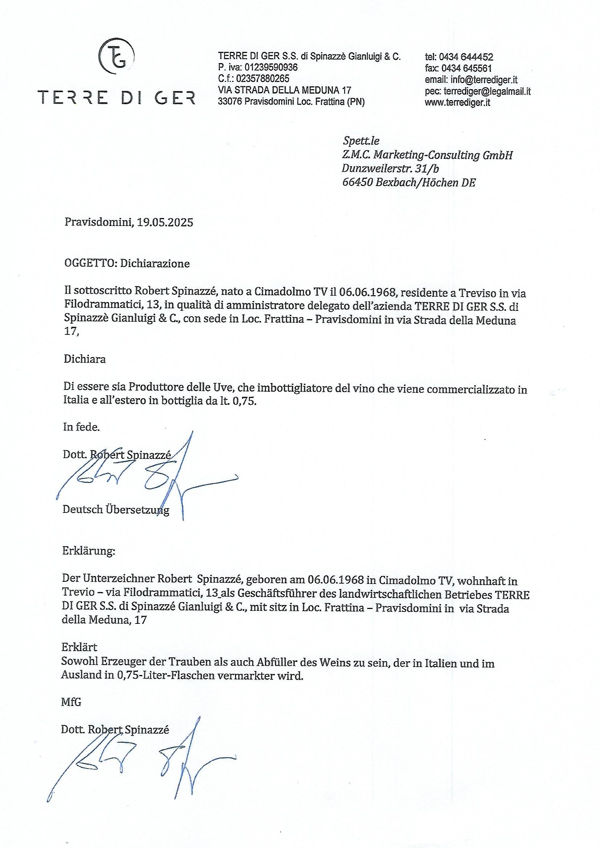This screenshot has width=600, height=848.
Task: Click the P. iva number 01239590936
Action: (x=271, y=67)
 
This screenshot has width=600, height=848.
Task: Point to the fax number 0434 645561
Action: (x=466, y=68)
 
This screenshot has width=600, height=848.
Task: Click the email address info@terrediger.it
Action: (x=484, y=80)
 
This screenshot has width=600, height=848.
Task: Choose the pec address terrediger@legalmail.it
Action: (x=487, y=91)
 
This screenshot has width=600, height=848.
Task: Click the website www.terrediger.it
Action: (x=457, y=103)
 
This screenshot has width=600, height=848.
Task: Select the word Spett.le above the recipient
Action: (x=361, y=141)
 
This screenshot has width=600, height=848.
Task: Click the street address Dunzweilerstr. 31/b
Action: (x=390, y=168)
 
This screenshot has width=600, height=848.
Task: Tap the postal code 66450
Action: (x=357, y=182)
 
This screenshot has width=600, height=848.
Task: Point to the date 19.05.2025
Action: (x=165, y=222)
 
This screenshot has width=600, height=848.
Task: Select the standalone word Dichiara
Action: (x=85, y=359)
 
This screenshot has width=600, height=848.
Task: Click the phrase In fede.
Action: (x=81, y=427)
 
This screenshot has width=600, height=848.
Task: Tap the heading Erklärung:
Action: (x=89, y=551)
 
